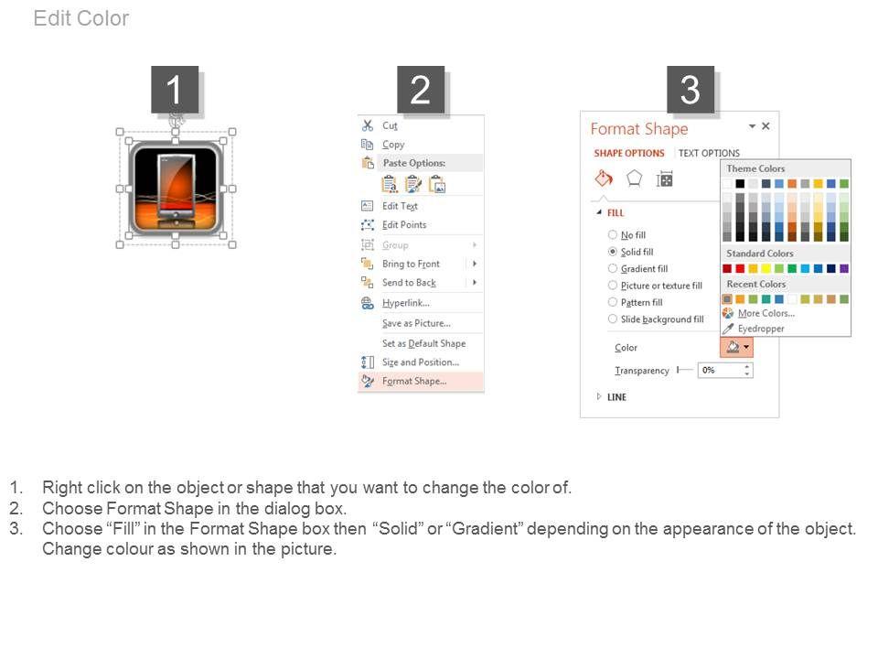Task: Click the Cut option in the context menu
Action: pyautogui.click(x=390, y=125)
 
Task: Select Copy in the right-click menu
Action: pyautogui.click(x=392, y=144)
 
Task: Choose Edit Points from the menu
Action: pyautogui.click(x=403, y=225)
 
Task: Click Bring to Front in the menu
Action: pyautogui.click(x=411, y=264)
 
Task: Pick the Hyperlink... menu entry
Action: pyautogui.click(x=405, y=303)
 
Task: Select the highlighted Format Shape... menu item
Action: pyautogui.click(x=413, y=381)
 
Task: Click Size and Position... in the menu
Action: pyautogui.click(x=420, y=362)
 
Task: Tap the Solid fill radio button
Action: pyautogui.click(x=613, y=252)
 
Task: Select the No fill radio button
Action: pyautogui.click(x=613, y=235)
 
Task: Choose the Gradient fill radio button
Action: pyautogui.click(x=613, y=268)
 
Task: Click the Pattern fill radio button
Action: pyautogui.click(x=613, y=302)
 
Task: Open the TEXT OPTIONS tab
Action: pyautogui.click(x=709, y=153)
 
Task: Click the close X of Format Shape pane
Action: pyautogui.click(x=766, y=126)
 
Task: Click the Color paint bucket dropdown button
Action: pyautogui.click(x=736, y=348)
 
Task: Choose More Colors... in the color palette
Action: pyautogui.click(x=766, y=313)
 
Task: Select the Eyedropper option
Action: pyautogui.click(x=760, y=329)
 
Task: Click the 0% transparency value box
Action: pyautogui.click(x=724, y=371)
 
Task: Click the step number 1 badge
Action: pyautogui.click(x=175, y=90)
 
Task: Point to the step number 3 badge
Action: pyautogui.click(x=691, y=90)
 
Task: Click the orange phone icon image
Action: pyautogui.click(x=176, y=188)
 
